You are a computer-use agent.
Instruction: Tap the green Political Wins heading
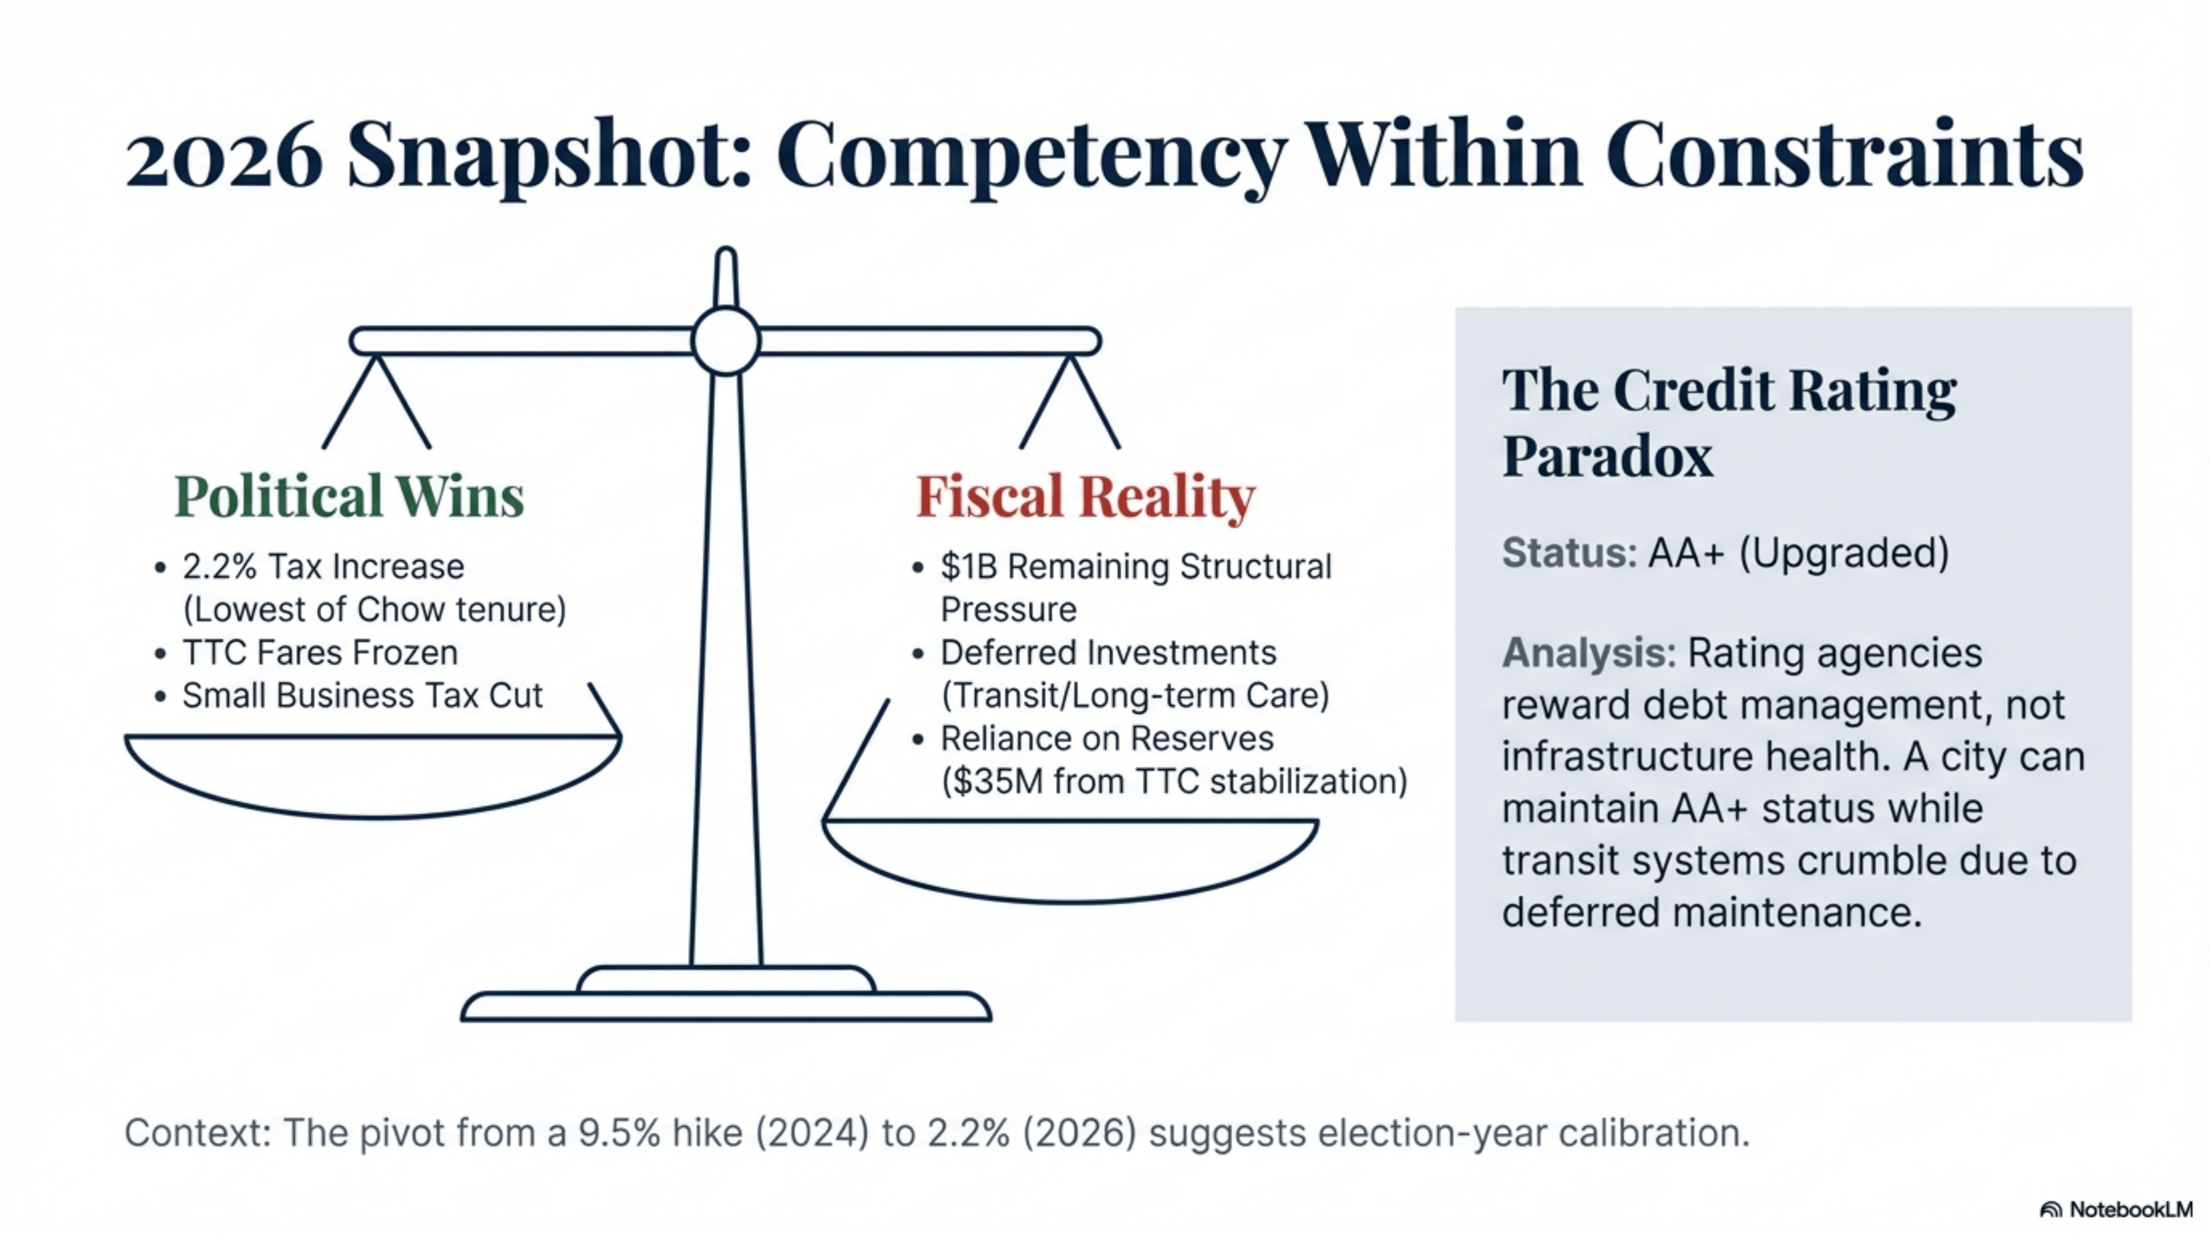pos(349,496)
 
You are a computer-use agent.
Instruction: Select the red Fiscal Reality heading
pos(1085,496)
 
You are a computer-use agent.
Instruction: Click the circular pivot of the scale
pos(725,341)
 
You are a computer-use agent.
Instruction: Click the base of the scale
pos(725,1006)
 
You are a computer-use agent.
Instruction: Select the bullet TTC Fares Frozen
pos(320,653)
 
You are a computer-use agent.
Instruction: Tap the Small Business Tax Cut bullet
pos(362,696)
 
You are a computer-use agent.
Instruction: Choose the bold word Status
pos(1569,553)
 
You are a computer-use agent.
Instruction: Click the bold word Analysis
pos(1588,653)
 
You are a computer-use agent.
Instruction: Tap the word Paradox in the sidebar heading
pos(1607,457)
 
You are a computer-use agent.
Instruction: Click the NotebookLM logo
pos(2115,1209)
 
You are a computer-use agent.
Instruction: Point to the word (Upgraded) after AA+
pos(1844,553)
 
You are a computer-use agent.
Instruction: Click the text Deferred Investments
pos(1108,653)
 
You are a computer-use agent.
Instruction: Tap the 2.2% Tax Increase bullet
pos(323,567)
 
